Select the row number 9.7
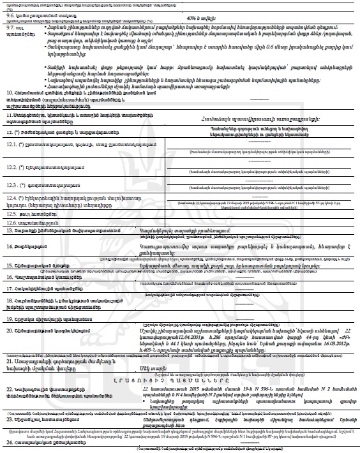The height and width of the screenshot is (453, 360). [10, 28]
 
